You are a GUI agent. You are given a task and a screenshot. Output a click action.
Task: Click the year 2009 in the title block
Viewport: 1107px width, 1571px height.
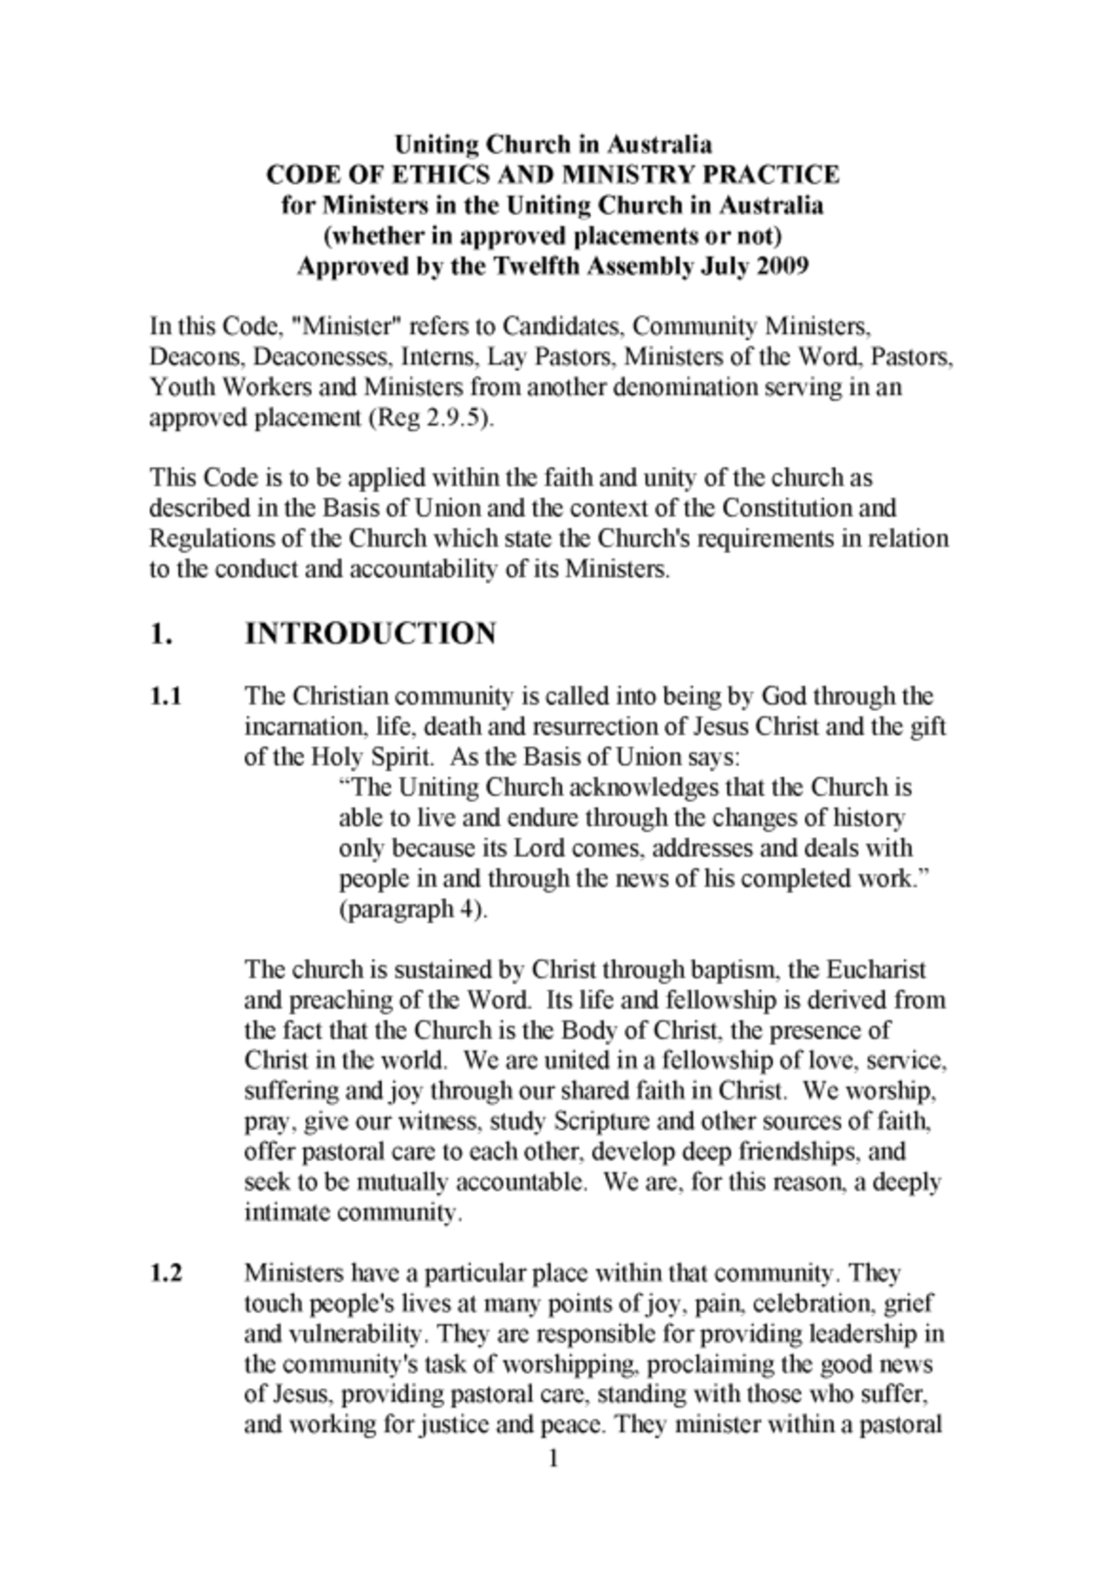[781, 267]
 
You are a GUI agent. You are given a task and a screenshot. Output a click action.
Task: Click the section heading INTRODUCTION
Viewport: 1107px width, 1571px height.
[370, 634]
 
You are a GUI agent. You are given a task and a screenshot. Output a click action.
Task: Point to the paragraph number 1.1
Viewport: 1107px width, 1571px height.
[165, 696]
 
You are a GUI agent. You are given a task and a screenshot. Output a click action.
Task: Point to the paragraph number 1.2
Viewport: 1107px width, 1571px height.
[166, 1274]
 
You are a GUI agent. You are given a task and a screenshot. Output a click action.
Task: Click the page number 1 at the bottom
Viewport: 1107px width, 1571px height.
[553, 1459]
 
